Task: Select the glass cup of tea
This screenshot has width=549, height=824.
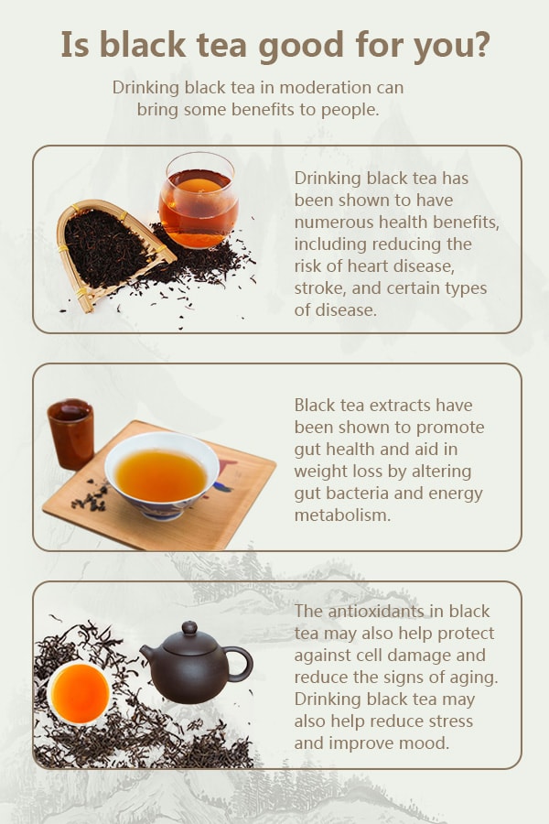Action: (x=199, y=201)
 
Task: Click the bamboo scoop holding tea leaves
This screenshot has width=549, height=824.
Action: (x=112, y=254)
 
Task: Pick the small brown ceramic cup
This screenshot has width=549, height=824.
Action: (x=71, y=434)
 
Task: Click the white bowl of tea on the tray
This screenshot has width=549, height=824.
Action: (x=162, y=475)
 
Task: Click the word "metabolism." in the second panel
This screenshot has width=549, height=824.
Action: (x=342, y=515)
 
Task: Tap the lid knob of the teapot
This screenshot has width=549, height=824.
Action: (x=189, y=627)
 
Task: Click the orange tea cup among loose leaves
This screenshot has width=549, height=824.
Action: (x=80, y=693)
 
